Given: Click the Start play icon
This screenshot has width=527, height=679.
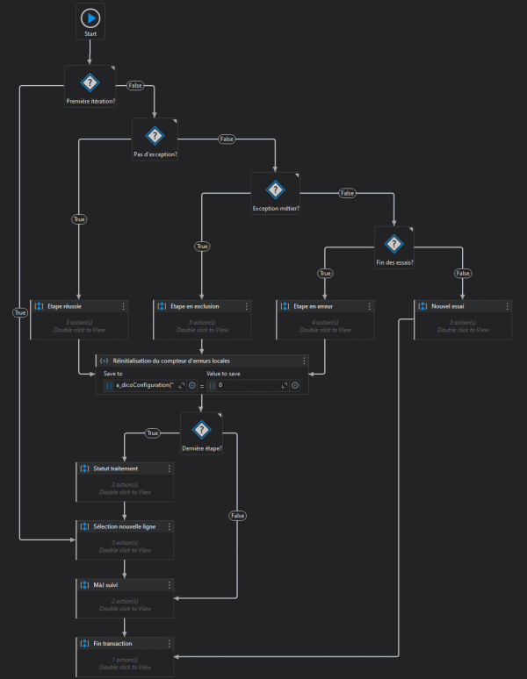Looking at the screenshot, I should [90, 18].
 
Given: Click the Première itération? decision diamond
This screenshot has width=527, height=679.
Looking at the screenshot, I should [90, 82].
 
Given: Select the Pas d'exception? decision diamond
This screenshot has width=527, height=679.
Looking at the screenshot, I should [155, 135].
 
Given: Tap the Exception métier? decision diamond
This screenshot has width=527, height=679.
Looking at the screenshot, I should [275, 189].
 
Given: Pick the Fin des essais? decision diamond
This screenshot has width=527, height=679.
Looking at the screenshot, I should [393, 243].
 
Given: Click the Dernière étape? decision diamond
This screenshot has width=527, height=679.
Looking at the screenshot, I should [202, 429].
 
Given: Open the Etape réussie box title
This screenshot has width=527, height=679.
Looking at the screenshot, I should [64, 306].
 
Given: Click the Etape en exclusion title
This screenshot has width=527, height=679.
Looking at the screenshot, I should [189, 306].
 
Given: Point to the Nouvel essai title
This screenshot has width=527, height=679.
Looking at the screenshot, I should [448, 306].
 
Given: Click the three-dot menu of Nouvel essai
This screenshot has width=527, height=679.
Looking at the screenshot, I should [506, 306].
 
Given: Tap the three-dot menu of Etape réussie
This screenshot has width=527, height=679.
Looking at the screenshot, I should [124, 306].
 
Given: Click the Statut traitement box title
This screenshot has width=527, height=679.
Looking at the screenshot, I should [115, 468].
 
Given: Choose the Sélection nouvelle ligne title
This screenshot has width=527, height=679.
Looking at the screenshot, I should [124, 525].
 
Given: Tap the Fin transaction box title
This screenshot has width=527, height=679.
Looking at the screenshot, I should [113, 643].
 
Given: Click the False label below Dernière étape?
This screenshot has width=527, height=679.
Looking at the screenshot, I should [237, 516].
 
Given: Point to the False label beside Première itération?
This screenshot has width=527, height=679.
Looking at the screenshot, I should [135, 85].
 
